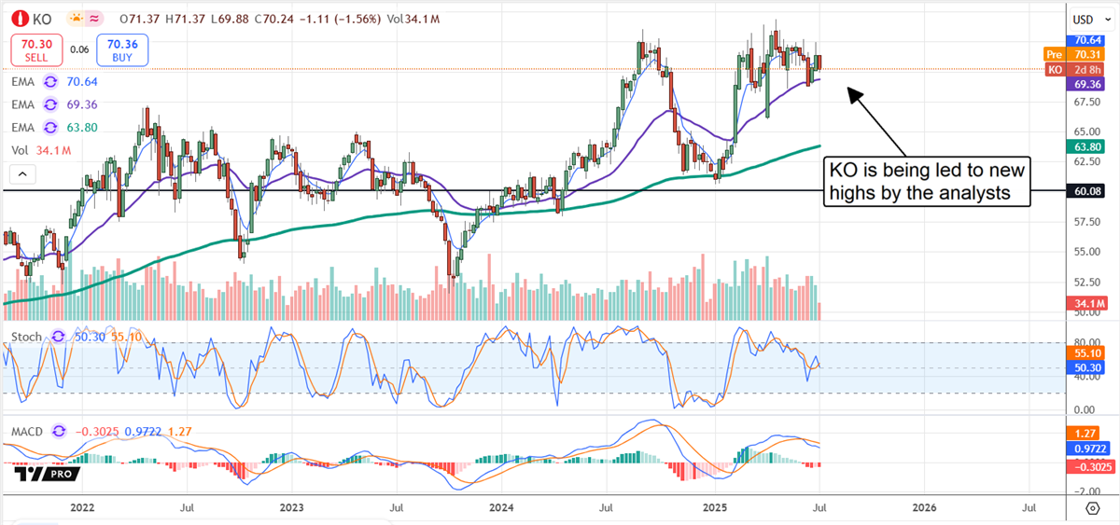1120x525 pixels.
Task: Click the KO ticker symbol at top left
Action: [42, 19]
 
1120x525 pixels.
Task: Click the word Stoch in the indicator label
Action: [25, 336]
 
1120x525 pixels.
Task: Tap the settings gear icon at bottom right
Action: [1092, 507]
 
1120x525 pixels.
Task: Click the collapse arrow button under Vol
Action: [21, 174]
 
